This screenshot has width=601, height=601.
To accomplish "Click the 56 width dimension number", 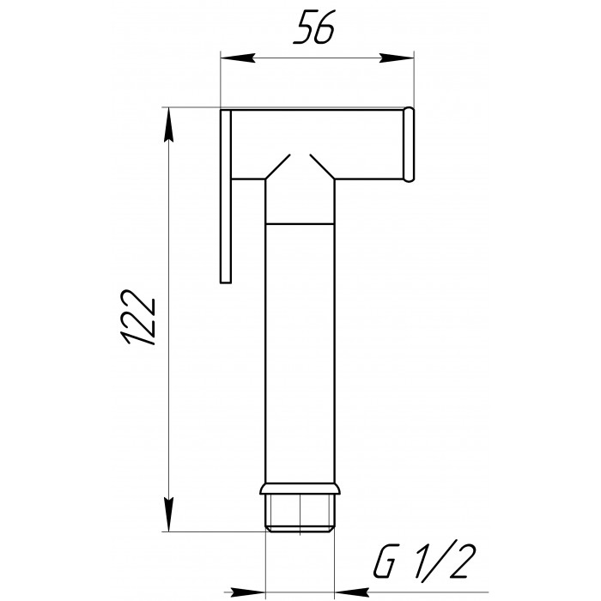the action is click(x=314, y=27).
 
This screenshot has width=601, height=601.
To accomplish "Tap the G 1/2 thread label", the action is click(x=425, y=562).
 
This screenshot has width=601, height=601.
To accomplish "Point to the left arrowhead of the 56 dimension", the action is click(x=238, y=58).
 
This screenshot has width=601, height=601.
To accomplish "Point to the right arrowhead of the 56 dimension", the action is click(x=397, y=58).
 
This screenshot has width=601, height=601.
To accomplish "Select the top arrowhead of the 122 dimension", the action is click(x=168, y=125).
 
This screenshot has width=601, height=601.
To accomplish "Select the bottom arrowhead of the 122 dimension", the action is click(x=168, y=514).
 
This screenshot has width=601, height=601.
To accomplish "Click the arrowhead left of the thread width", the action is click(x=249, y=592).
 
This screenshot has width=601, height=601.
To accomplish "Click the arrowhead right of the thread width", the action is click(x=351, y=592).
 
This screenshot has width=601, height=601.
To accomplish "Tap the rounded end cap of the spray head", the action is click(x=409, y=144).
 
